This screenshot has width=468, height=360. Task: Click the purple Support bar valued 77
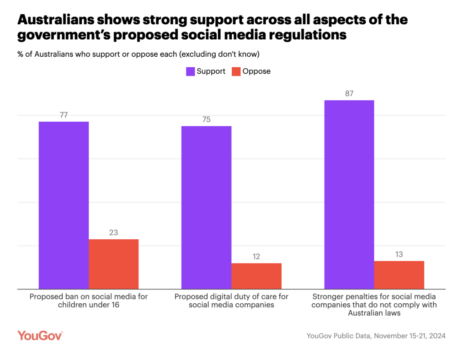[x=64, y=205]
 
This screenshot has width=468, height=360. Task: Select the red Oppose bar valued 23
[x=113, y=264]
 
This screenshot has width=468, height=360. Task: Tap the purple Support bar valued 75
[x=206, y=207]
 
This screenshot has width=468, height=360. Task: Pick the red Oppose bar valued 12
[x=256, y=276]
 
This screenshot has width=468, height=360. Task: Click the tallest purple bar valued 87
[x=349, y=194]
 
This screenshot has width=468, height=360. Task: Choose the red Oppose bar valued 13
[x=399, y=275]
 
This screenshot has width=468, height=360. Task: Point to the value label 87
[x=349, y=94]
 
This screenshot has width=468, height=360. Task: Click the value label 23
[x=113, y=233]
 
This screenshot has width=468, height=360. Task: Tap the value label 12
[x=256, y=257]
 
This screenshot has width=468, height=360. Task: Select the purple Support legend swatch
[x=190, y=71]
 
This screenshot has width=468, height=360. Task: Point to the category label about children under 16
[x=89, y=301]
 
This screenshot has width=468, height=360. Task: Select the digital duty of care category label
[x=231, y=301]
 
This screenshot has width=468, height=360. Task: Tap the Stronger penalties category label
[x=374, y=305]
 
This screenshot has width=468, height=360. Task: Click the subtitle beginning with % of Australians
[x=138, y=54]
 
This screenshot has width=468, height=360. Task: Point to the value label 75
[x=206, y=119]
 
